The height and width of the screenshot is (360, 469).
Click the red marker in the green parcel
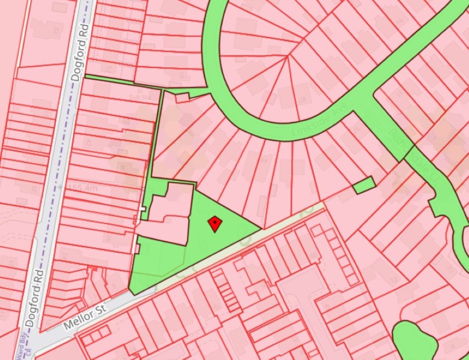tap(214, 223)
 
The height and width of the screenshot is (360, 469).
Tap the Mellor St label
tap(85, 315)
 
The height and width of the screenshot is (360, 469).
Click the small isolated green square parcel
tap(363, 185)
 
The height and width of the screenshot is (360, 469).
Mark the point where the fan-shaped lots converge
tap(287, 57)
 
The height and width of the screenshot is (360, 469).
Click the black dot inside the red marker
tap(214, 223)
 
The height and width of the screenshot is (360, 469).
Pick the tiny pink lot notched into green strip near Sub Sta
tap(182, 97)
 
